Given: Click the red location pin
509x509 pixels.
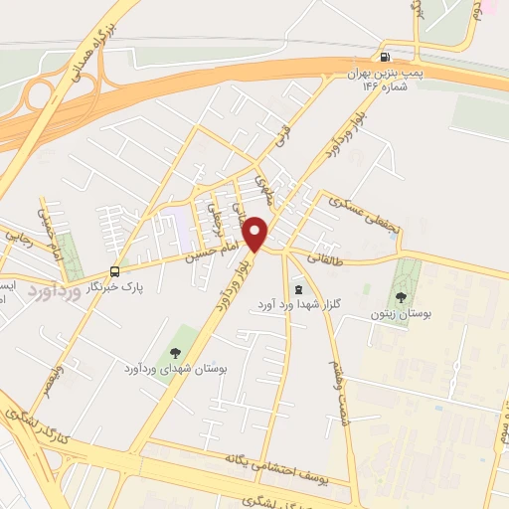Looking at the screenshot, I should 256,234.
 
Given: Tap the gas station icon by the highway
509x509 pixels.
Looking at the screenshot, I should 385,57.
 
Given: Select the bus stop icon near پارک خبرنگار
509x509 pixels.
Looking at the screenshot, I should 116,270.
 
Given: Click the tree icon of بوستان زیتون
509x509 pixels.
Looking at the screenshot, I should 402,296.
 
